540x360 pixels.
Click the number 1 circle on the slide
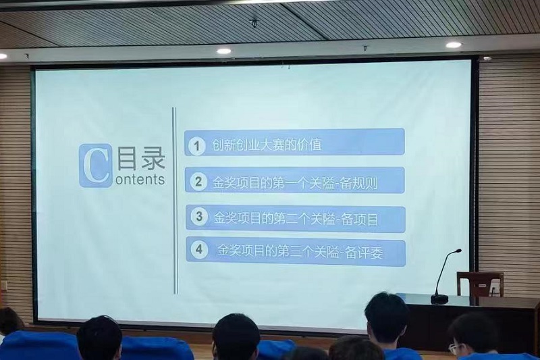tap(196, 146)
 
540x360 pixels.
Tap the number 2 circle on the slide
tap(198, 181)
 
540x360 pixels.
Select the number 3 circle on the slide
tap(199, 217)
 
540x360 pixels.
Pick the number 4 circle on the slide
tap(199, 249)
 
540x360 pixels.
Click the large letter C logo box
tap(95, 165)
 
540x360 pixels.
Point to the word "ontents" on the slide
tap(140, 180)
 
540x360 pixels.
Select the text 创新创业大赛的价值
tap(267, 145)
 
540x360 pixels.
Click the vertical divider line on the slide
tap(175, 201)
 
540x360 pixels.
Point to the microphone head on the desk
tap(458, 251)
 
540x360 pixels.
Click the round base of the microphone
tap(439, 299)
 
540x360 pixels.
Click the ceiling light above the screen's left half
tap(224, 51)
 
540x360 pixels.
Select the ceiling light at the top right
tap(453, 45)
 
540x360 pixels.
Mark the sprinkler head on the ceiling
tap(254, 23)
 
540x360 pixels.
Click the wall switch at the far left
tap(4, 286)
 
